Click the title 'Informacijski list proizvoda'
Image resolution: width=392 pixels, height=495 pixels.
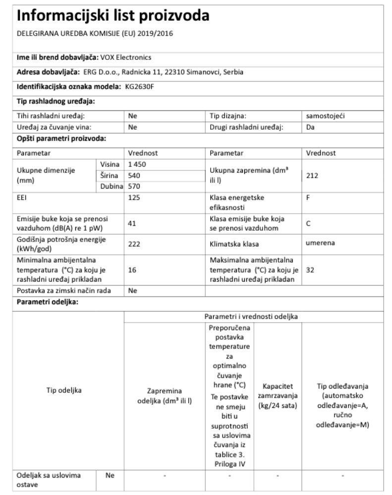click(x=112, y=16)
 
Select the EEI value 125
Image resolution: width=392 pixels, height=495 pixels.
click(x=133, y=197)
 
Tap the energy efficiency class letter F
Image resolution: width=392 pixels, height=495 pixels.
click(x=308, y=197)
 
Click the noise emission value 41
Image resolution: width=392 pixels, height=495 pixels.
click(x=132, y=223)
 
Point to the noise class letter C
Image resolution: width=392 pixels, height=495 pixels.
click(x=309, y=223)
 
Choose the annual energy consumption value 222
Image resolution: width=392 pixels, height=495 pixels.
click(x=133, y=244)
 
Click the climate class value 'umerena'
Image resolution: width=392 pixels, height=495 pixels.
click(x=320, y=244)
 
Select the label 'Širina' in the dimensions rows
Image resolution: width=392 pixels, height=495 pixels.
click(x=110, y=175)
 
